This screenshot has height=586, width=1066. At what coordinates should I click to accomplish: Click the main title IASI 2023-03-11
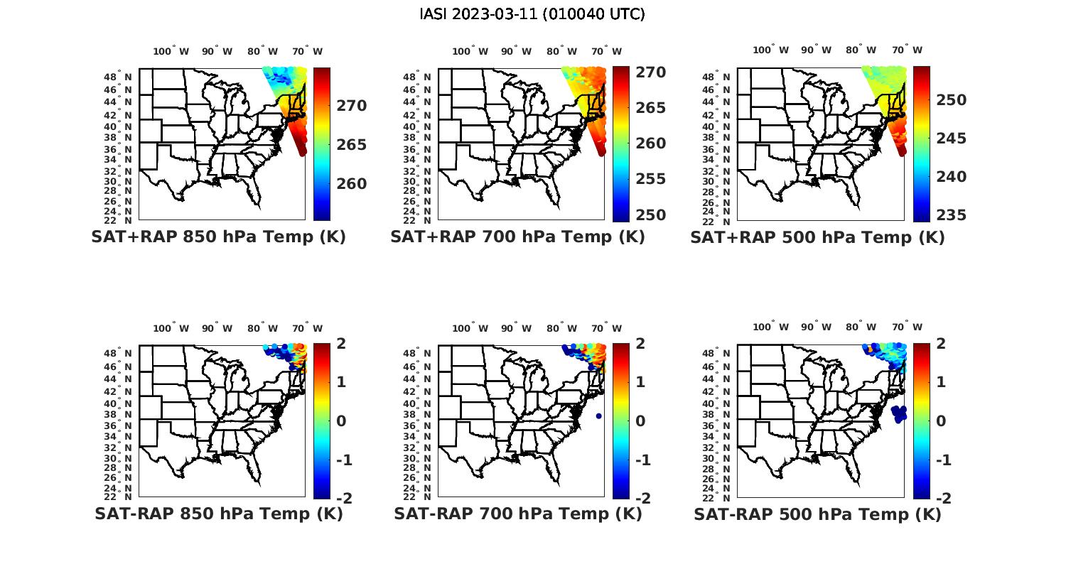click(532, 14)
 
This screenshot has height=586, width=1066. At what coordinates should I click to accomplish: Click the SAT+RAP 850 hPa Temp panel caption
click(218, 237)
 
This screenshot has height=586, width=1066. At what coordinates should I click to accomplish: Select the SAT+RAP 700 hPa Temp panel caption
click(517, 237)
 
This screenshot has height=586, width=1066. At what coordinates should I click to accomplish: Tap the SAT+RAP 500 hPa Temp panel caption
click(817, 238)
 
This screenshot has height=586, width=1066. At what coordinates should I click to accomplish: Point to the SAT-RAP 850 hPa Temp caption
click(218, 514)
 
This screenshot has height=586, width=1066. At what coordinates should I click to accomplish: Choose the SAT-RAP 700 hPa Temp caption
click(517, 514)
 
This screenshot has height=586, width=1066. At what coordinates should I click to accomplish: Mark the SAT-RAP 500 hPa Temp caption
click(817, 514)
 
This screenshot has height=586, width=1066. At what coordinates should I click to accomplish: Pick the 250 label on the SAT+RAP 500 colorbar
click(952, 100)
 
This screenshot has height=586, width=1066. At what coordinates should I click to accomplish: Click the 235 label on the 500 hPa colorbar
click(952, 215)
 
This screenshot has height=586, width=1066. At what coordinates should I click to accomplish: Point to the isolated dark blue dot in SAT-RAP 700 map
click(599, 416)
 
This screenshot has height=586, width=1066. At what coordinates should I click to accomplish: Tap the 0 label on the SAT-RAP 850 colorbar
click(340, 421)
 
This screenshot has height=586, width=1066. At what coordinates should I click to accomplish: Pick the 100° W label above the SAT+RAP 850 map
click(171, 51)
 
